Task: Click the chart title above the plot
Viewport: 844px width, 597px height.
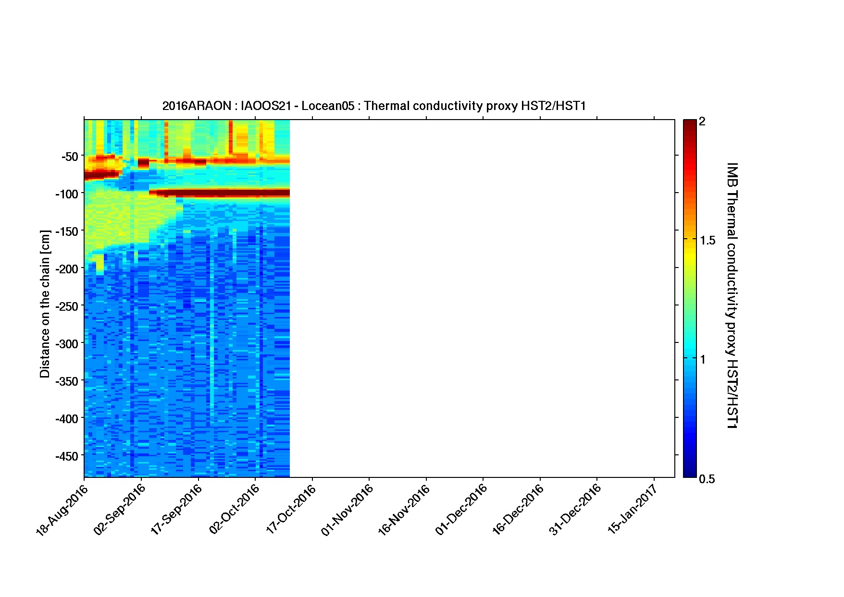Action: (x=374, y=106)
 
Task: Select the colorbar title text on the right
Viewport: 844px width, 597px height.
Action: (x=732, y=295)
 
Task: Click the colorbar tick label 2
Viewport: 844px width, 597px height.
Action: (x=702, y=122)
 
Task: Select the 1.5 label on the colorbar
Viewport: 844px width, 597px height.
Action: (x=707, y=241)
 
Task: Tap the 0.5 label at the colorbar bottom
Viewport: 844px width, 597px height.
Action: (x=707, y=479)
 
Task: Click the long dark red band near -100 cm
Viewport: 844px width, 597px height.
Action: (x=219, y=193)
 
